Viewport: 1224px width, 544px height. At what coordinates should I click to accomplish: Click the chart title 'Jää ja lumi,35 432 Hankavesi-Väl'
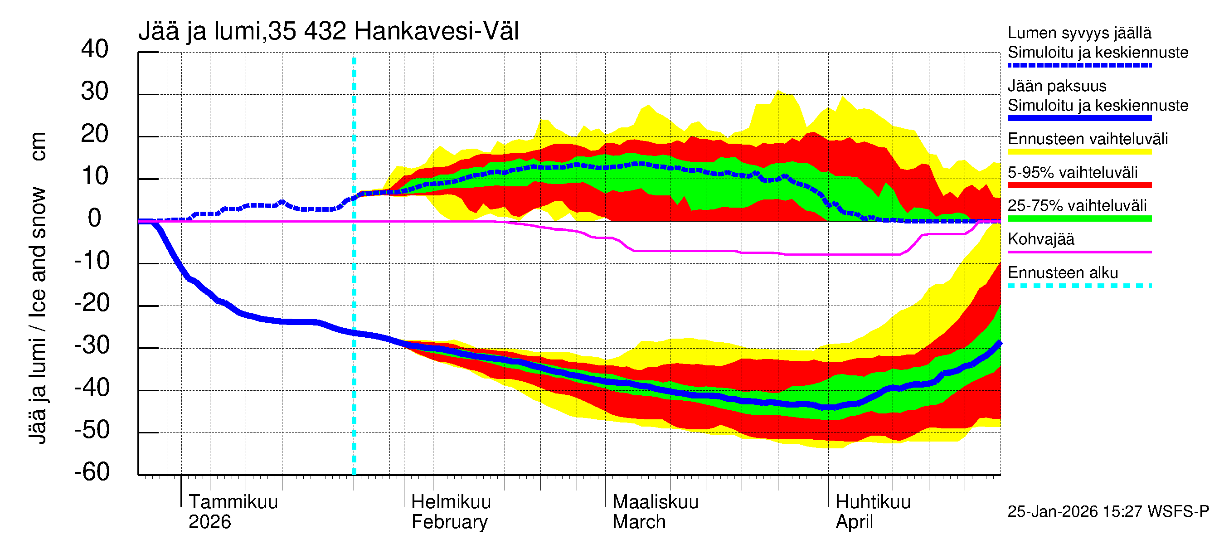tap(328, 31)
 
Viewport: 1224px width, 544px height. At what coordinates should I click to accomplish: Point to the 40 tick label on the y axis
tap(95, 49)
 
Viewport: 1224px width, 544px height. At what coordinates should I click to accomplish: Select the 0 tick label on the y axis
tap(95, 218)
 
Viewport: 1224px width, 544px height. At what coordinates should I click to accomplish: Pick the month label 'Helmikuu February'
tap(450, 512)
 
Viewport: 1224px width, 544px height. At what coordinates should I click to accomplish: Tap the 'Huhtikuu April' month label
tap(872, 512)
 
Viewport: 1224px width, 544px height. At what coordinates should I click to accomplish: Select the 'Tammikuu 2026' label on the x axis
tap(233, 512)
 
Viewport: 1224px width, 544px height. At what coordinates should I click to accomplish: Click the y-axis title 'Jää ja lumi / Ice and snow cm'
tap(38, 287)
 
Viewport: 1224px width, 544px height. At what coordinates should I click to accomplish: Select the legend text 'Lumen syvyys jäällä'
tap(1079, 33)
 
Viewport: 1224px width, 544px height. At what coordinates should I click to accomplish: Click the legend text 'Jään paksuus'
tap(1057, 86)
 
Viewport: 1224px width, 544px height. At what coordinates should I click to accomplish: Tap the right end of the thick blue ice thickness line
tap(999, 343)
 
